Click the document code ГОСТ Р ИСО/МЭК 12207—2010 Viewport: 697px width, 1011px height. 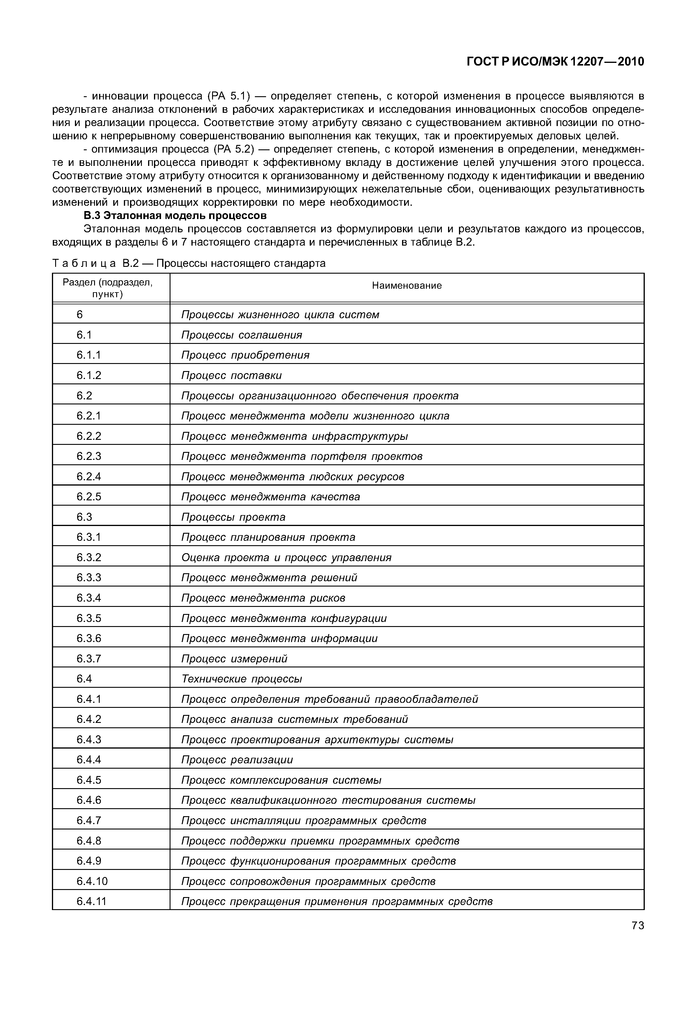pos(555,62)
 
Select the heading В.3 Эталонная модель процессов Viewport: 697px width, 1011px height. pos(175,216)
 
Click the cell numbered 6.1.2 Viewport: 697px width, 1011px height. pos(89,375)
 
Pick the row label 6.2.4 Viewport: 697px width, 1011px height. pos(89,476)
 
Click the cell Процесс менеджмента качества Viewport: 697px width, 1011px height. pos(271,497)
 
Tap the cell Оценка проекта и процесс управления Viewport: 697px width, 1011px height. pos(286,558)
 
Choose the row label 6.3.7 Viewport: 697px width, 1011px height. pos(89,659)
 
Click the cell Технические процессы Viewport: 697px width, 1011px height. pos(242,679)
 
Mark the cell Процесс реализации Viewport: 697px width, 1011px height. pos(237,760)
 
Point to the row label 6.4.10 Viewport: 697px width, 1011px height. pos(92,881)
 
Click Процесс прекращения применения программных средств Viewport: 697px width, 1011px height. pos(337,901)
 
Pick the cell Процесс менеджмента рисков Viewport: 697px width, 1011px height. pos(263,598)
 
